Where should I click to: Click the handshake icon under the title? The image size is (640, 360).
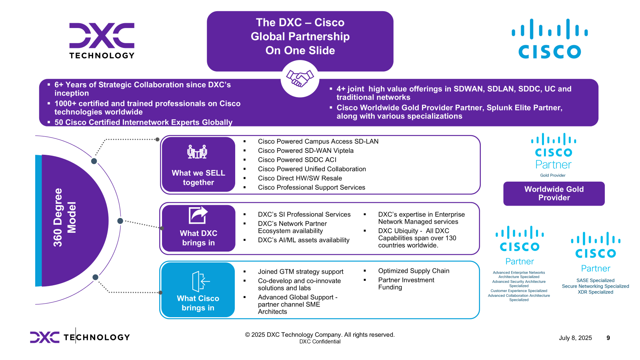click(300, 78)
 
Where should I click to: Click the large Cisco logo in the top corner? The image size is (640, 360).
click(550, 39)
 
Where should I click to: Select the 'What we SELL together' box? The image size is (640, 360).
click(198, 165)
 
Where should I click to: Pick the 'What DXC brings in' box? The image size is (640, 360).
click(198, 228)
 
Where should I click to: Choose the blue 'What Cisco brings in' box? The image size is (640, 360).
click(198, 290)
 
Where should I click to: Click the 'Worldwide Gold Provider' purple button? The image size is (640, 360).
click(554, 194)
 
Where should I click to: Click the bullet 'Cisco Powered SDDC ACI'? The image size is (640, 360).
click(297, 160)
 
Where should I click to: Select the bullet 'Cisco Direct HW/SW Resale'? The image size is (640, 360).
click(300, 178)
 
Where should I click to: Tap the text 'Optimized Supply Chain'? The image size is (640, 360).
click(414, 271)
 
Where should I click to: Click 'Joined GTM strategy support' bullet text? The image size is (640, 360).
click(300, 272)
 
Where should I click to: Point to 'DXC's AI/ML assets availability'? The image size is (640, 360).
click(304, 240)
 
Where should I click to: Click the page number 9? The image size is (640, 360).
click(608, 338)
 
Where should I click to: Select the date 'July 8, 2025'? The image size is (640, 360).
click(575, 338)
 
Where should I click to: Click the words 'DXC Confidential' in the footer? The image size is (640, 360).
click(320, 342)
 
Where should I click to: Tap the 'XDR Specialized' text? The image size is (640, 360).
click(595, 292)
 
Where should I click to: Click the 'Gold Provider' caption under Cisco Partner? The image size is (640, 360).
click(553, 175)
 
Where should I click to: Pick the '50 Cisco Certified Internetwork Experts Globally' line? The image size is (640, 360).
click(143, 122)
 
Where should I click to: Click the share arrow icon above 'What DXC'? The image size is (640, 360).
click(198, 215)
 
